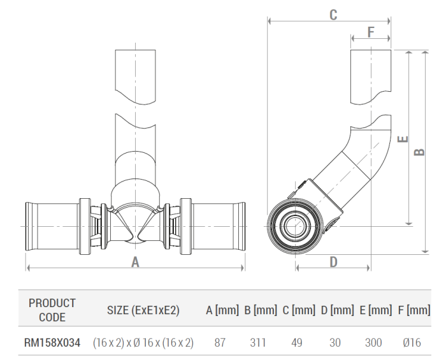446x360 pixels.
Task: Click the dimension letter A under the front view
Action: click(x=135, y=261)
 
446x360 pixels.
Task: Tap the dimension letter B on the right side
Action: click(x=419, y=152)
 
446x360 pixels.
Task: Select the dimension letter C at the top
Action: click(x=333, y=15)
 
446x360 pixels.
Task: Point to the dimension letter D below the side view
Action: click(x=333, y=261)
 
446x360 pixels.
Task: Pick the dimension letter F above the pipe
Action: click(x=371, y=31)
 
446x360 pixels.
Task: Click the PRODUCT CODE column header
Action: click(x=52, y=310)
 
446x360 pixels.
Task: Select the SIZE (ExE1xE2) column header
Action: click(x=143, y=310)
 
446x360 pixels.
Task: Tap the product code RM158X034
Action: click(x=52, y=343)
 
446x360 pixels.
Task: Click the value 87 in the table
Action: click(x=220, y=343)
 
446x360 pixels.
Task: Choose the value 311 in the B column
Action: click(x=258, y=343)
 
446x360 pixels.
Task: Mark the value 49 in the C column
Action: click(x=297, y=343)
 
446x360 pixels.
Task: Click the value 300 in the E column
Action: click(x=373, y=343)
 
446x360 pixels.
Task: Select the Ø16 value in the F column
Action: click(x=412, y=343)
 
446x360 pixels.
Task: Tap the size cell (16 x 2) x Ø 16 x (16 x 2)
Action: click(x=143, y=343)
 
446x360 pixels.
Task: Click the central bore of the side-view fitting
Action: click(x=294, y=225)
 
